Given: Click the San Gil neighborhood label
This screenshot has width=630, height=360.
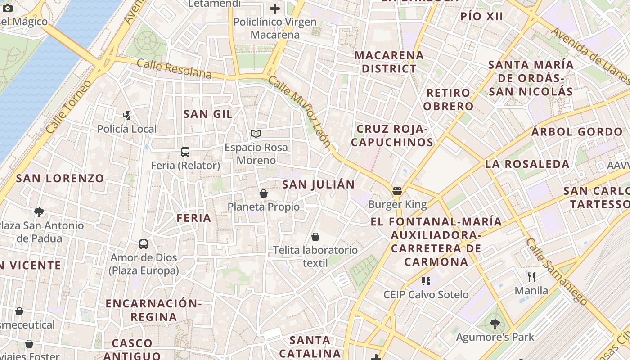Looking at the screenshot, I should tap(208, 114).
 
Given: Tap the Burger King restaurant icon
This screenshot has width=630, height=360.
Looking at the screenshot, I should tap(397, 191).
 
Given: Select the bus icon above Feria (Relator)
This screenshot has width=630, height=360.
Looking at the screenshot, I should tap(185, 152).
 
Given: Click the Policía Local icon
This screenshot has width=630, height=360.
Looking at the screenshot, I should tap(127, 116).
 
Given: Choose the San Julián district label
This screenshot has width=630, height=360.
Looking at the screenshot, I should tap(318, 184).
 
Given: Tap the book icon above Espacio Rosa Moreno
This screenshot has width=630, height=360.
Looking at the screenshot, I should tap(256, 134).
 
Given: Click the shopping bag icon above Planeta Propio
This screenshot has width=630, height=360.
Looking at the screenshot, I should tap(264, 193).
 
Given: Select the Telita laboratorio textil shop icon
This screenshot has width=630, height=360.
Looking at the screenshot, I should tap(315, 237).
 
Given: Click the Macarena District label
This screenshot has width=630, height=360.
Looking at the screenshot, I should tap(389, 62).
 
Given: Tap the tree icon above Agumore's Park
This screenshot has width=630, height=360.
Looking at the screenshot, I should tap(495, 324).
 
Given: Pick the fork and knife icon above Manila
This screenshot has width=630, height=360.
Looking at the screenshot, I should tap(531, 277).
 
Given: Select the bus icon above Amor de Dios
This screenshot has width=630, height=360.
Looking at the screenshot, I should tap(144, 244).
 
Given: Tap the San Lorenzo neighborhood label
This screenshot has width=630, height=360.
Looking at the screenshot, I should tap(60, 178).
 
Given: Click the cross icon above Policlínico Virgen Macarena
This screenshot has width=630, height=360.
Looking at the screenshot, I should tap(274, 8).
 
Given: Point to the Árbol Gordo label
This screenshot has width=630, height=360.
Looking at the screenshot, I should tap(577, 132).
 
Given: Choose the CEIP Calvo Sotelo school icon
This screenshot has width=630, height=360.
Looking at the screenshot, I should tap(426, 281).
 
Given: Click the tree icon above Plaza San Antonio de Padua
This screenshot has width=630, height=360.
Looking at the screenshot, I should tap(39, 212).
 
